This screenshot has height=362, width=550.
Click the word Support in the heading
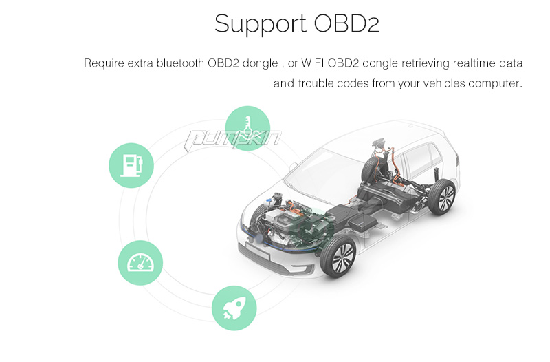pos(260,25)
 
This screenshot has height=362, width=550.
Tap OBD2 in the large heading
pos(346,23)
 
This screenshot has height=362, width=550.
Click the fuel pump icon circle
pos(131,165)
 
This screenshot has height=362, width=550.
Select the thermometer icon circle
pos(247,128)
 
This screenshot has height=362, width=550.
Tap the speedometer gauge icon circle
pos(140,263)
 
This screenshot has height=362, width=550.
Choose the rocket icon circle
pos(234,308)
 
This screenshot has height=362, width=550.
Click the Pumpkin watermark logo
pos(232,140)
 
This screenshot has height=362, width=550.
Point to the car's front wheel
pos(338,256)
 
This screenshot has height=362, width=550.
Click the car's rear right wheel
pos(442,197)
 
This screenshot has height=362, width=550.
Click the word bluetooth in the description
pos(180,63)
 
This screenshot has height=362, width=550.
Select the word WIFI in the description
pos(313,63)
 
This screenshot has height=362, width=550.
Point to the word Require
pos(104,63)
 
